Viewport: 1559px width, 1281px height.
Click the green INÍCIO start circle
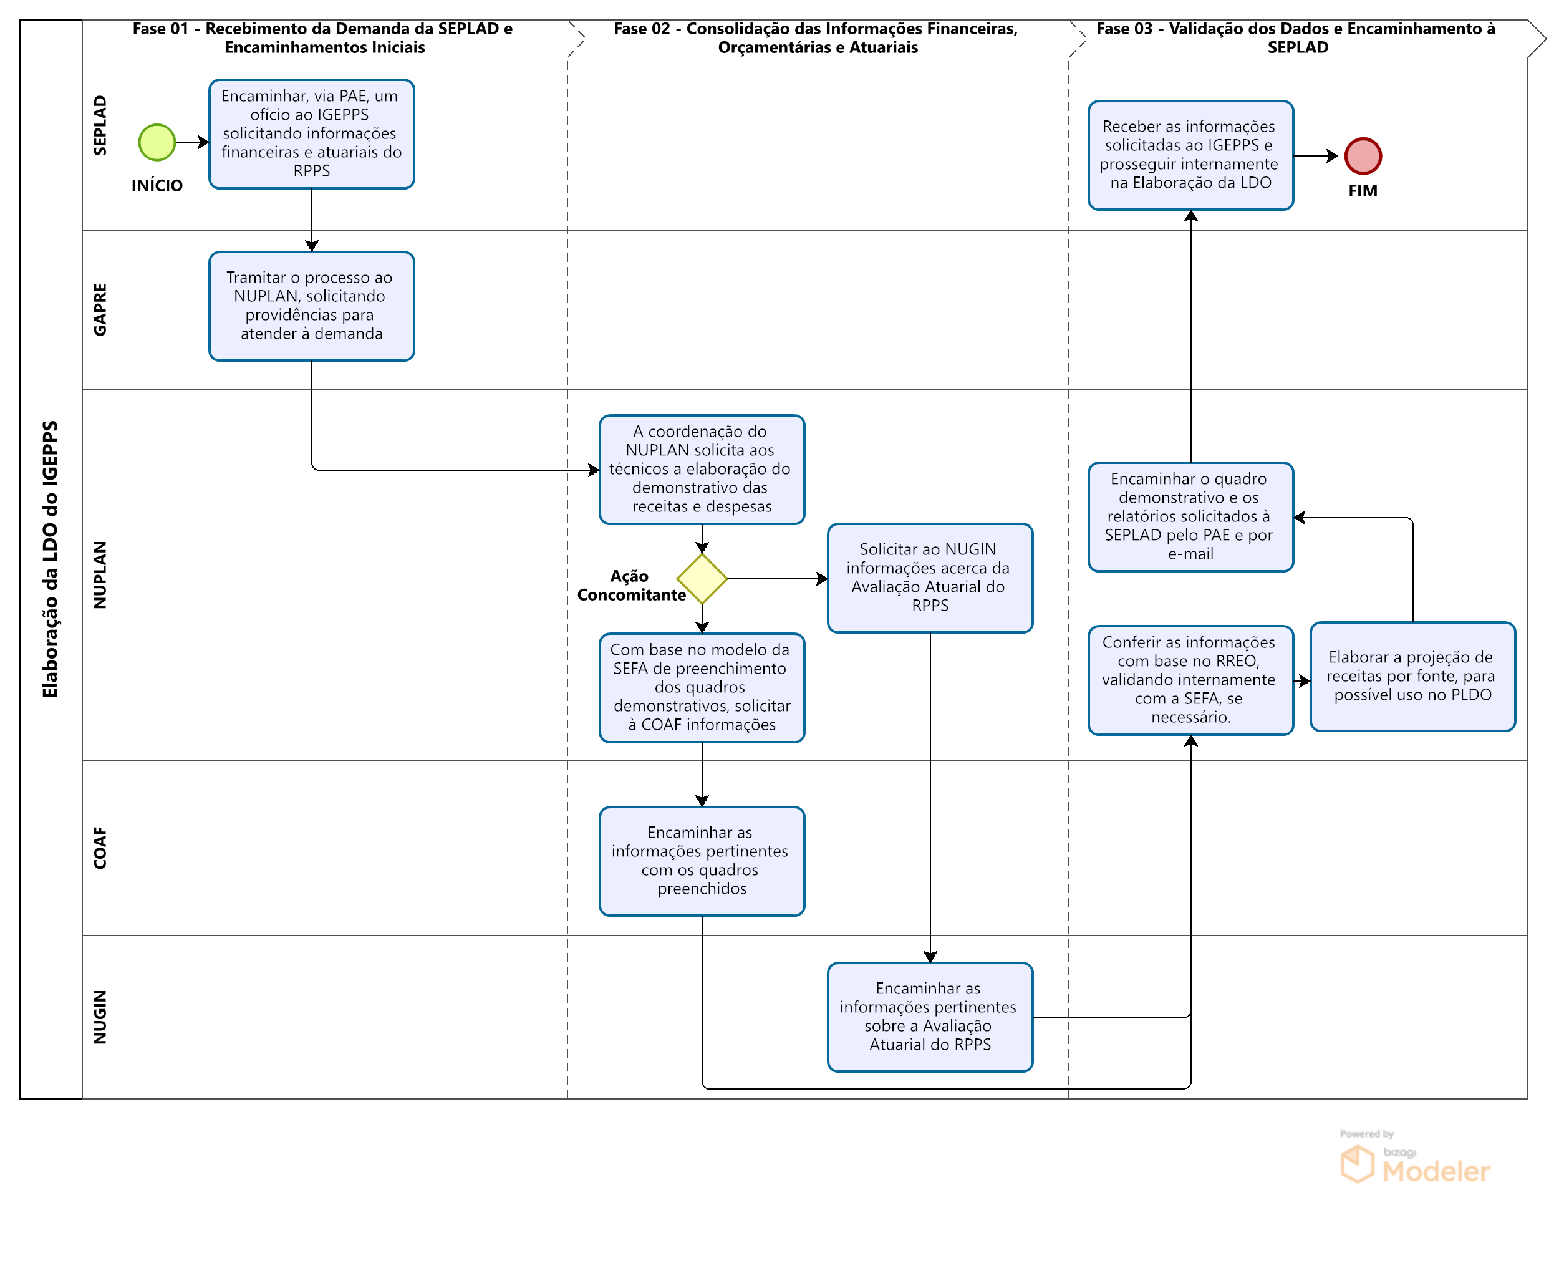(157, 142)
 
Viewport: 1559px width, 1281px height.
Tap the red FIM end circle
(1362, 156)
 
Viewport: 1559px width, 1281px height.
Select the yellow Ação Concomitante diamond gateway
(702, 579)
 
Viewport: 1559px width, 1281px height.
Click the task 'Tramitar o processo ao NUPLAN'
(311, 306)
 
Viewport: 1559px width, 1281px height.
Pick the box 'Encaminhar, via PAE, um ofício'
(311, 133)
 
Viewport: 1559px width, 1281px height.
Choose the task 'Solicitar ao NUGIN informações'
(930, 578)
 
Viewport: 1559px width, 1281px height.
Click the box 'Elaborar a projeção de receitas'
(1412, 676)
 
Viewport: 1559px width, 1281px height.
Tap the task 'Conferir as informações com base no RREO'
(1190, 680)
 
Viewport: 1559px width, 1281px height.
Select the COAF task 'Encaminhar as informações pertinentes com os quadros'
(702, 861)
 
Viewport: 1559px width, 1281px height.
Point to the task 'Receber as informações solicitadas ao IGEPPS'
(1190, 155)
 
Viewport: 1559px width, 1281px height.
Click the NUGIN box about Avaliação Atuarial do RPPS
(930, 1016)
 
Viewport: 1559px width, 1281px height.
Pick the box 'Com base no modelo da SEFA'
(702, 687)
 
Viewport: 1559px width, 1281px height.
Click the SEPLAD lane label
(100, 125)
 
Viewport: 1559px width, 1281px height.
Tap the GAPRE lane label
(100, 309)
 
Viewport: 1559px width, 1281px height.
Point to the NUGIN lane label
(100, 1016)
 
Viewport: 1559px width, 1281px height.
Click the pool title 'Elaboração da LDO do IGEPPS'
(50, 559)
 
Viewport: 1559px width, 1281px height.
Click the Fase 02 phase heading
(816, 37)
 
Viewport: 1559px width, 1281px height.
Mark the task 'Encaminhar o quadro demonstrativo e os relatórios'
(1190, 516)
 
